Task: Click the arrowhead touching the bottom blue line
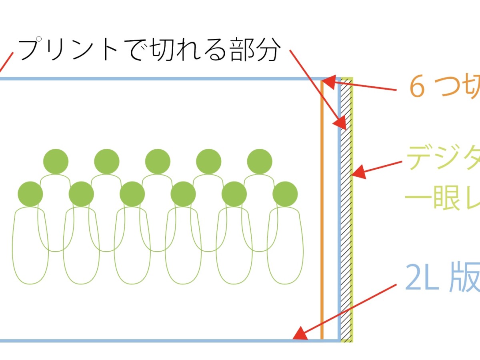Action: click(x=300, y=334)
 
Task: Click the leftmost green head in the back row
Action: click(x=56, y=162)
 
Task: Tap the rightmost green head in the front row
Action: click(x=285, y=194)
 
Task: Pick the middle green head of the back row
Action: click(x=158, y=162)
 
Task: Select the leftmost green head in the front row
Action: click(x=30, y=194)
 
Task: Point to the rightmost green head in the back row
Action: click(x=260, y=162)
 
